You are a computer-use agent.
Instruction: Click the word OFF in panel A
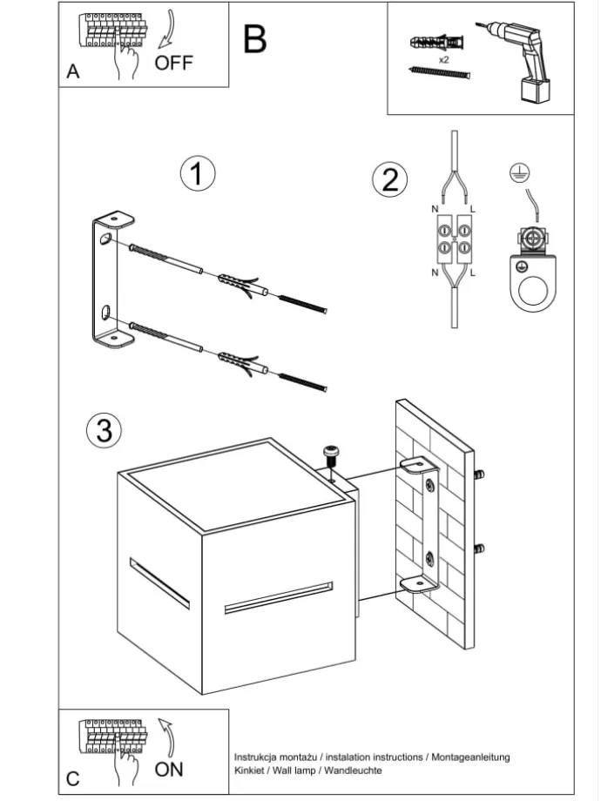click(x=174, y=62)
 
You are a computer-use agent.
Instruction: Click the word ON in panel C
click(x=169, y=769)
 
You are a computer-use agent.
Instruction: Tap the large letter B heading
click(x=254, y=39)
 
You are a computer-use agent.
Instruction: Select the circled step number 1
click(x=198, y=174)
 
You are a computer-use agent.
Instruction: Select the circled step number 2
click(x=389, y=180)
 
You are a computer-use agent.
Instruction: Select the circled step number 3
click(x=104, y=430)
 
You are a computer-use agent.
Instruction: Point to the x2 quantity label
click(x=443, y=60)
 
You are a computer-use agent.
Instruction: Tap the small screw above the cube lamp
click(x=330, y=454)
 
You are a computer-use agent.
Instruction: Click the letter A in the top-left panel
click(x=73, y=72)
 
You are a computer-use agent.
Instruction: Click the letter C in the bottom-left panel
click(x=73, y=778)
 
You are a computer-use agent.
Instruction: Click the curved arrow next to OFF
click(x=165, y=30)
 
